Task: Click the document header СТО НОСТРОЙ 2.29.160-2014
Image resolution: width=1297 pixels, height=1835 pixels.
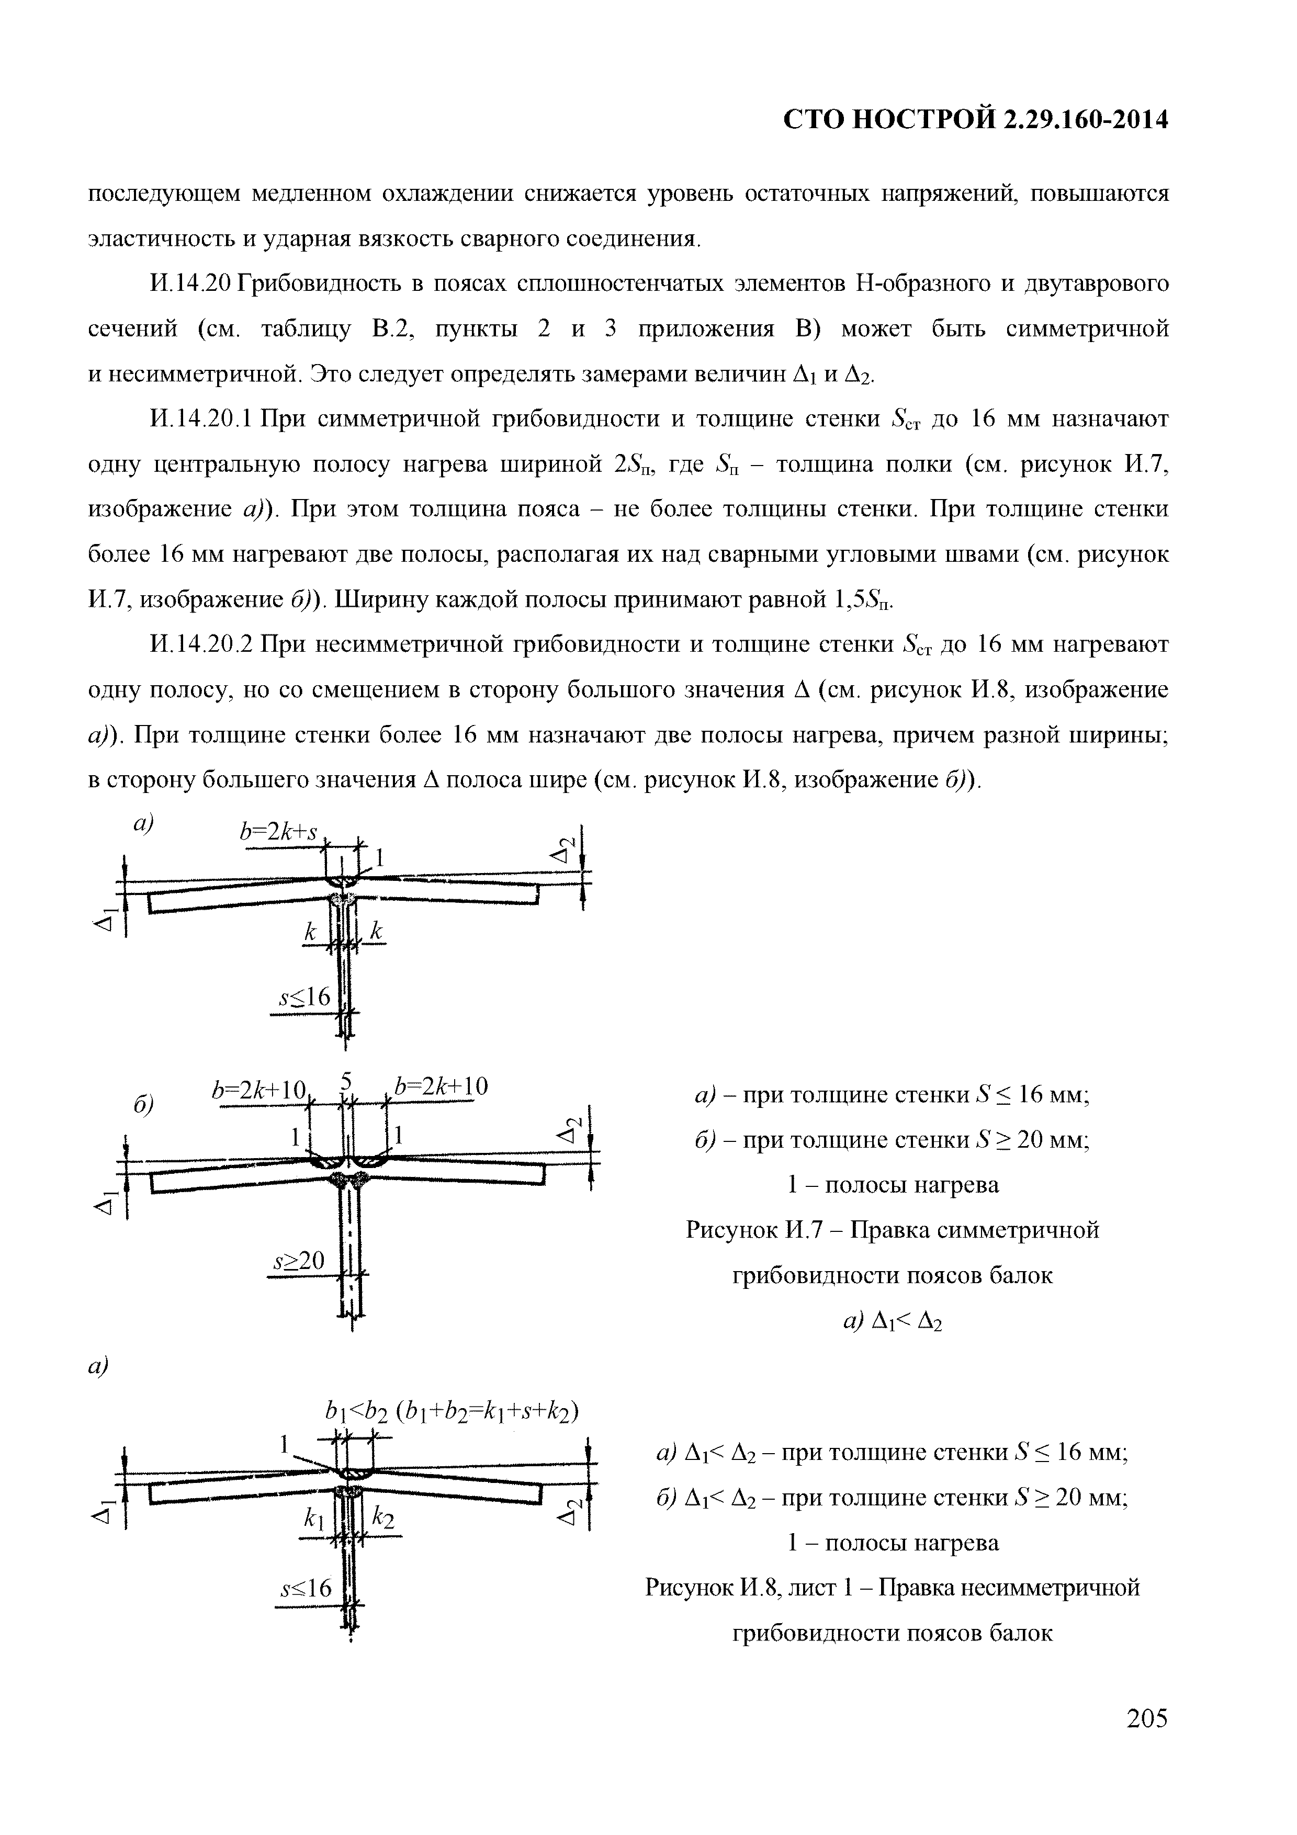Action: click(975, 120)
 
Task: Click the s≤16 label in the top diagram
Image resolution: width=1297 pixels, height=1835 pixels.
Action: click(303, 998)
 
